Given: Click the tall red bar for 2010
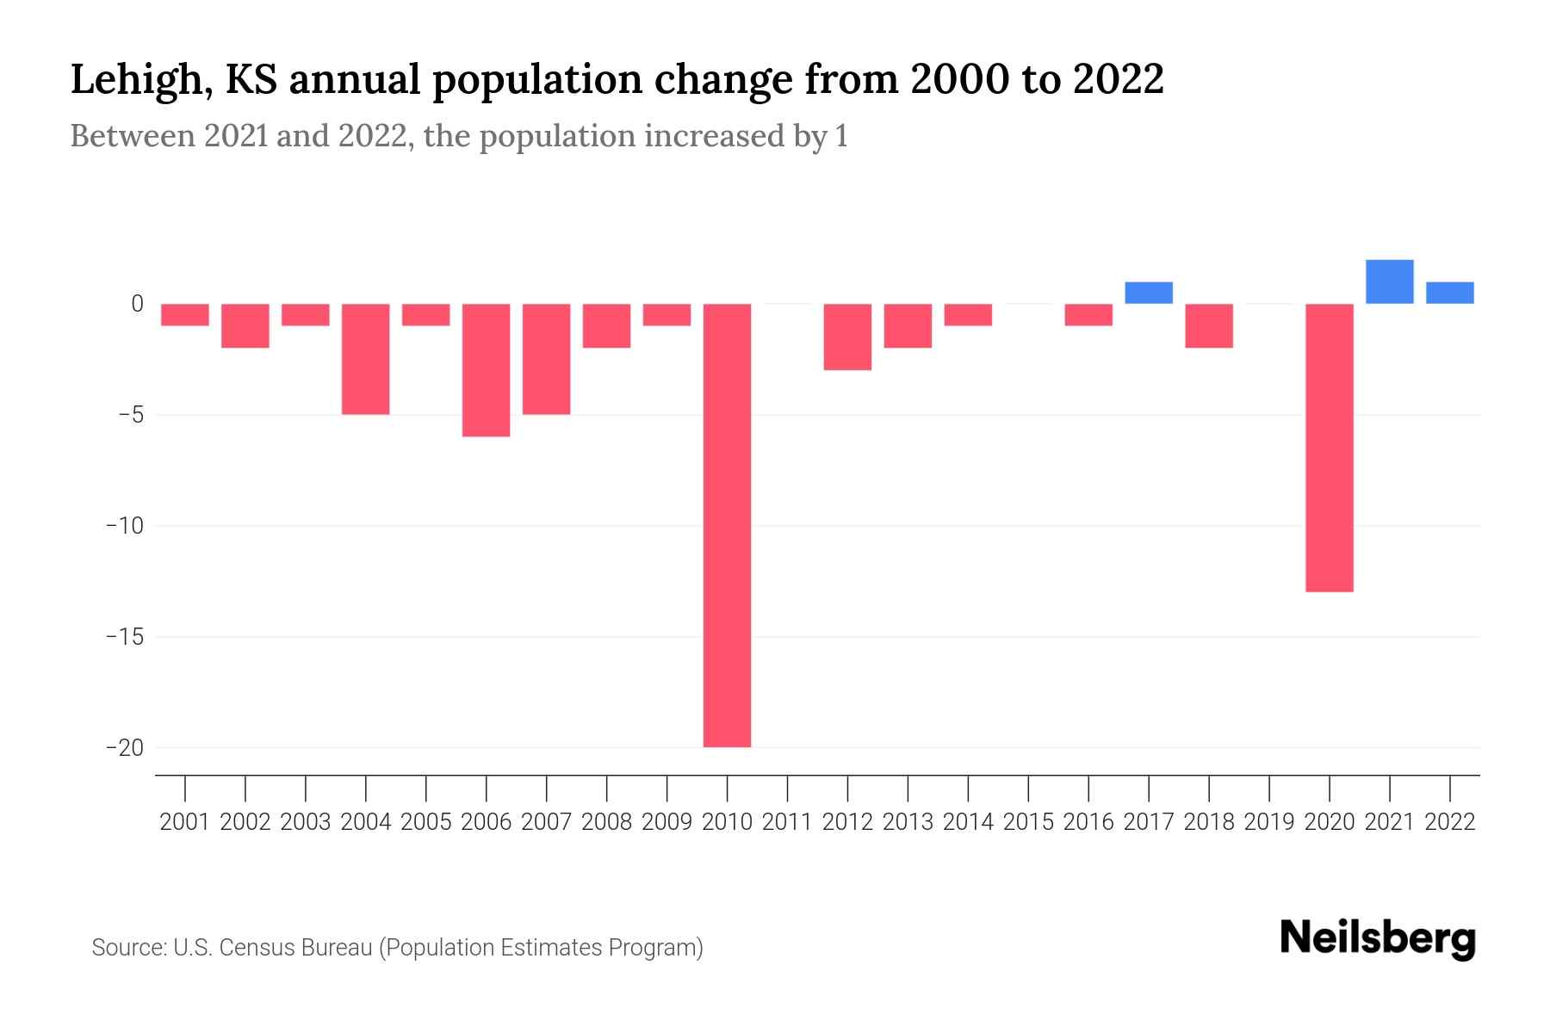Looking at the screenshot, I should tap(727, 525).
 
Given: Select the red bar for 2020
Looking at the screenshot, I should tap(1329, 448).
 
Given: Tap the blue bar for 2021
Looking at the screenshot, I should tap(1389, 281).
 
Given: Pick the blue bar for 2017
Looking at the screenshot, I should tap(1149, 293).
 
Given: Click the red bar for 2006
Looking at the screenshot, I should tap(486, 370).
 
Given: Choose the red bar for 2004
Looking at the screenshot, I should tap(366, 359).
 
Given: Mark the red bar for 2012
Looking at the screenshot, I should tap(847, 337).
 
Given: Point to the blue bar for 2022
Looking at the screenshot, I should tap(1449, 293).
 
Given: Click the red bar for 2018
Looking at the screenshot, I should tap(1209, 325).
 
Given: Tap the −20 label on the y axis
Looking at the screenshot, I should tap(125, 747).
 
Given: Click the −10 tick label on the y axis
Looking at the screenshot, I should tap(125, 525).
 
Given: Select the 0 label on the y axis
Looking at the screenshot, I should tap(137, 304).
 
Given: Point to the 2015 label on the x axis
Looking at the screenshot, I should tap(1028, 822).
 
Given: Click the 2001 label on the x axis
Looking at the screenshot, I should tap(185, 822).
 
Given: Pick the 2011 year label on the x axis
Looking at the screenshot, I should tap(787, 822).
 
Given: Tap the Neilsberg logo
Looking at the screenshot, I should tap(1377, 939).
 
